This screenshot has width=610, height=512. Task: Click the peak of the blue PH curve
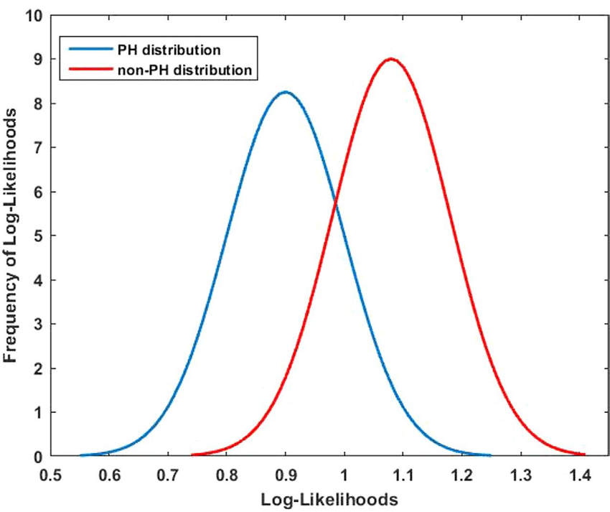pyautogui.click(x=286, y=92)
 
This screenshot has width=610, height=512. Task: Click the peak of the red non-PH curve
pyautogui.click(x=391, y=59)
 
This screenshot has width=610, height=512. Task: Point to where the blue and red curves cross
pyautogui.click(x=336, y=205)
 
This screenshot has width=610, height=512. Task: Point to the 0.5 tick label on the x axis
pyautogui.click(x=50, y=475)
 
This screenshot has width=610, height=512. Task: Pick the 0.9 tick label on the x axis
pyautogui.click(x=286, y=475)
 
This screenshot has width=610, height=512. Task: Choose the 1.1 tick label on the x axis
pyautogui.click(x=403, y=475)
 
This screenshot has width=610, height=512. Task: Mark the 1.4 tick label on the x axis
pyautogui.click(x=580, y=475)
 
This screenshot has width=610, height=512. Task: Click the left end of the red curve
pyautogui.click(x=193, y=455)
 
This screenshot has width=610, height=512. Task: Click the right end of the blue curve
pyautogui.click(x=489, y=455)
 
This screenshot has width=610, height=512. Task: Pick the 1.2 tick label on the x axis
pyautogui.click(x=462, y=475)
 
